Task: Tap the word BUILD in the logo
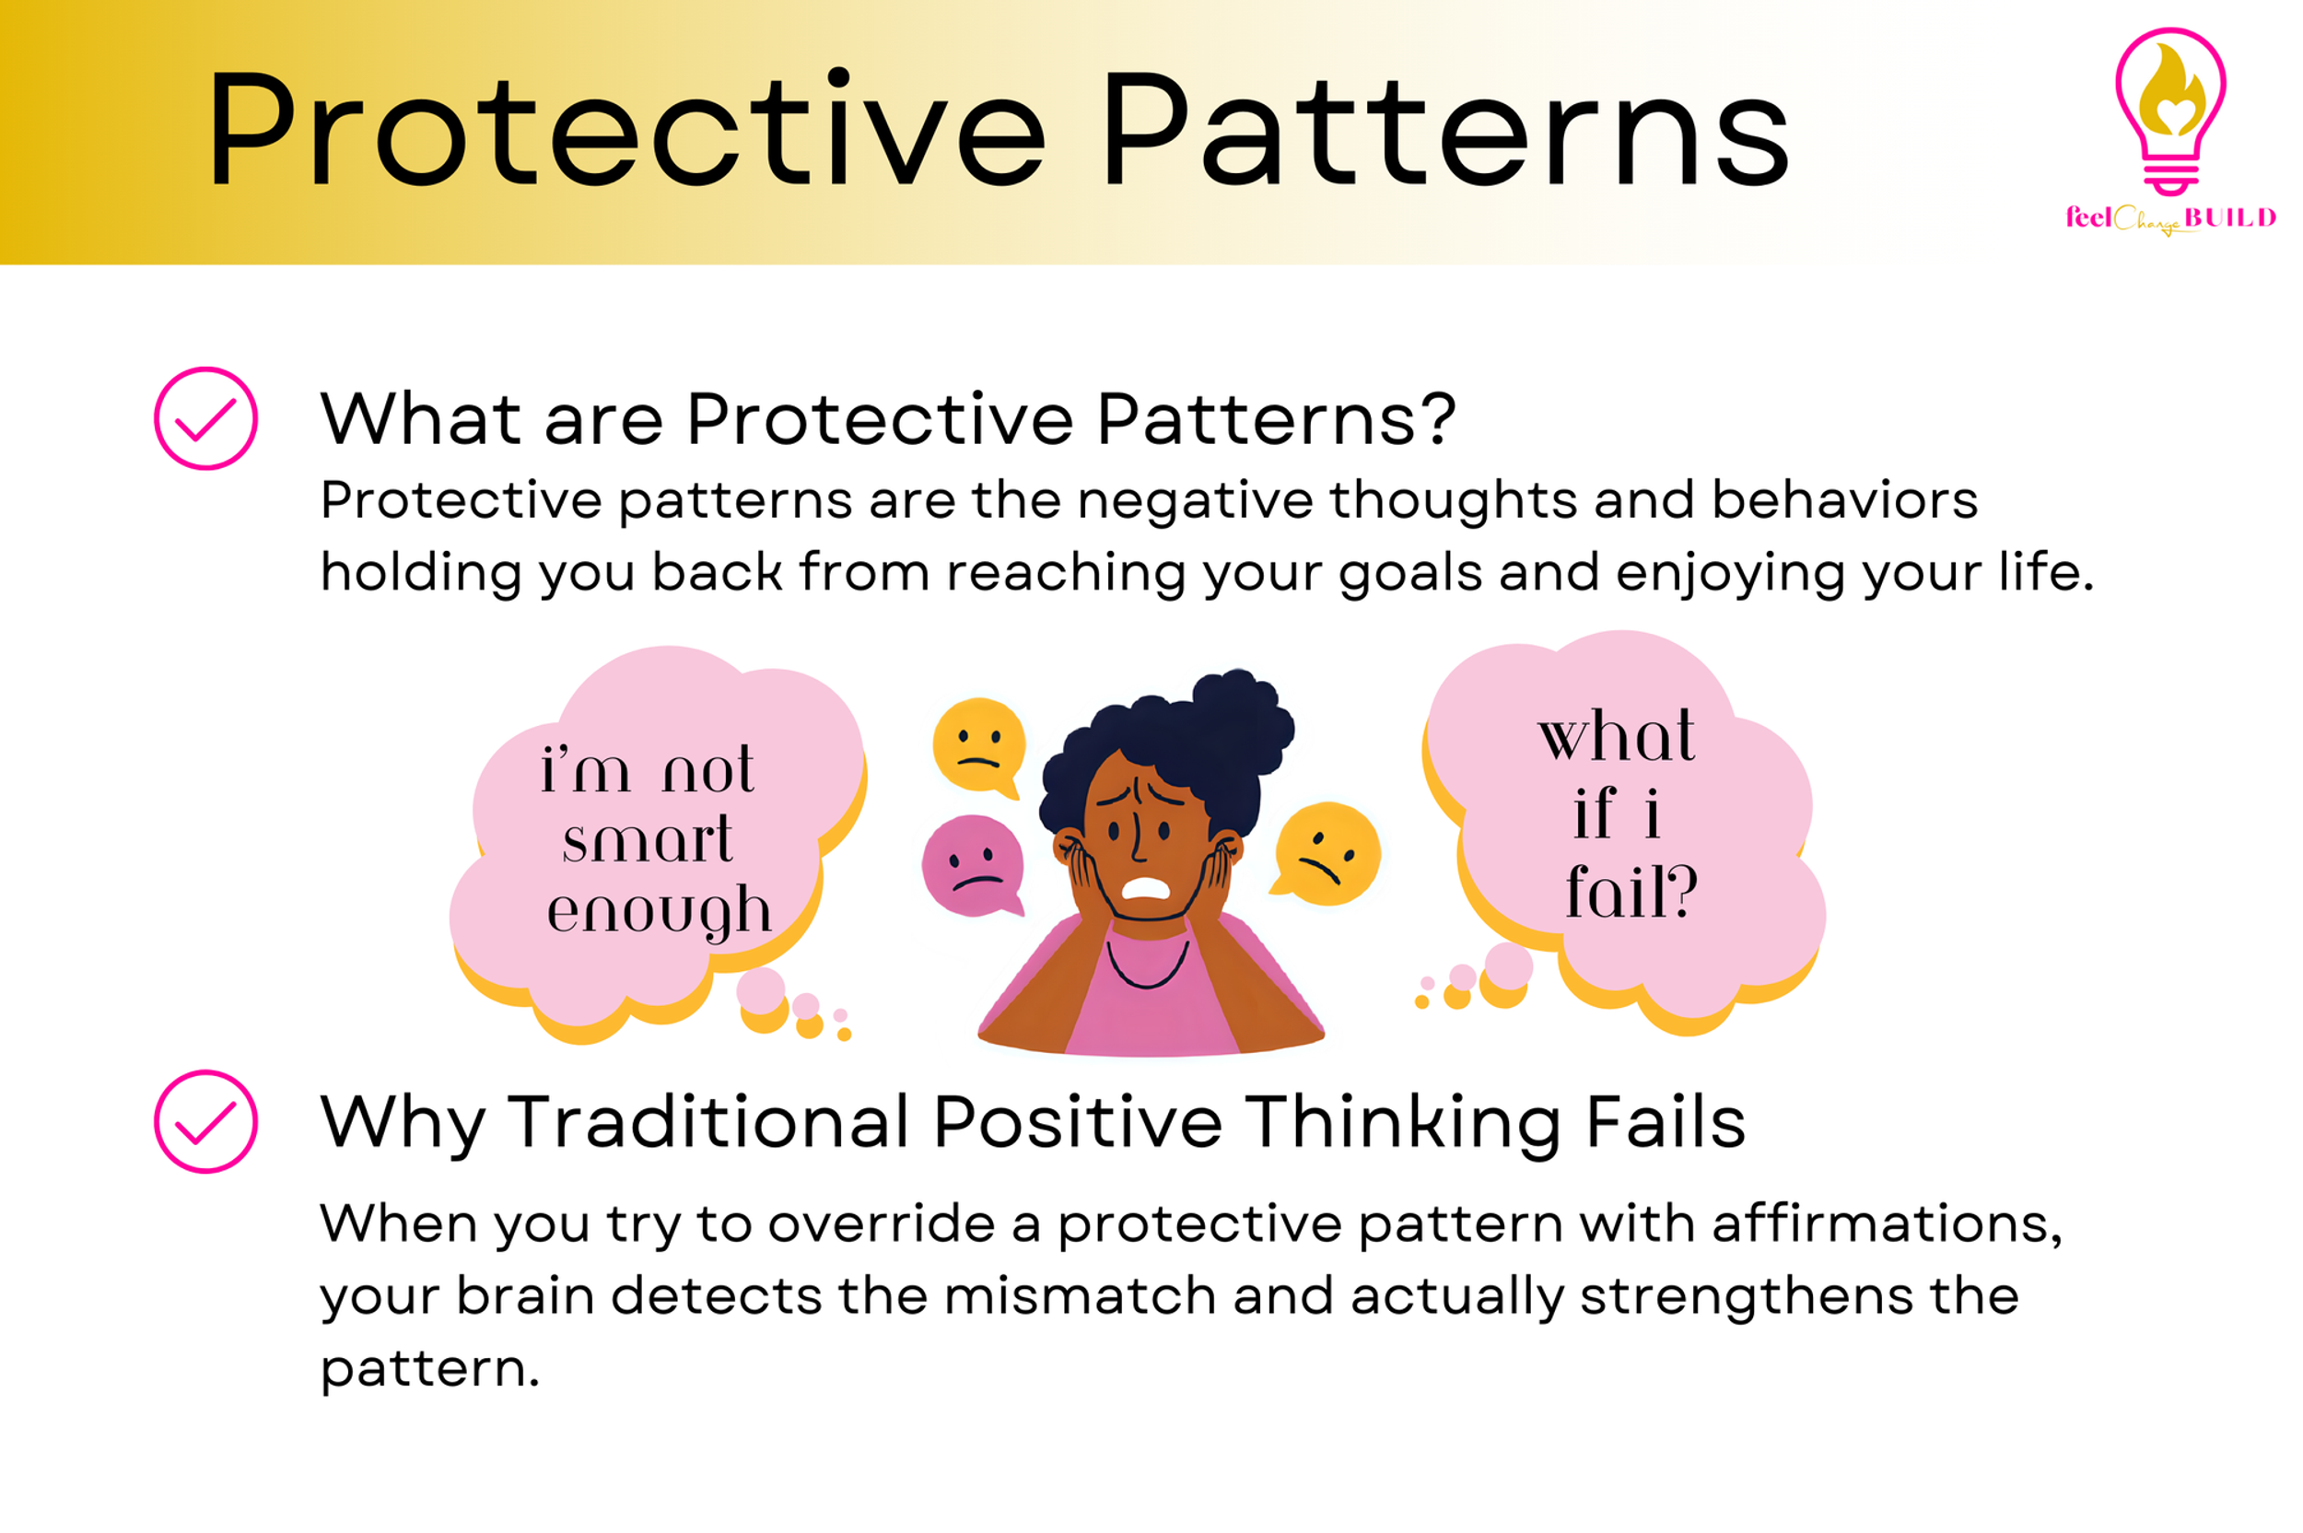click(x=2228, y=217)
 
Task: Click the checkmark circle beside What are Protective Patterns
click(x=205, y=418)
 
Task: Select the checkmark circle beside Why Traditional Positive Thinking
click(x=205, y=1121)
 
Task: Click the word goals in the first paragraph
click(x=1409, y=572)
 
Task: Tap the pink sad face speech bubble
click(x=972, y=864)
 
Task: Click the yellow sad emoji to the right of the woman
click(x=1327, y=851)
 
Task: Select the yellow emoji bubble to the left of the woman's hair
click(x=978, y=744)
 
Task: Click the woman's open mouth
click(x=1145, y=888)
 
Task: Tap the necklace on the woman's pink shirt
click(x=1147, y=968)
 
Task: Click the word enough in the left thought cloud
click(x=659, y=912)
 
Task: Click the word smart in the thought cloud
click(x=647, y=839)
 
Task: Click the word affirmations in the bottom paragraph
click(x=1887, y=1223)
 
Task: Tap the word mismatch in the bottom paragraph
click(x=1079, y=1295)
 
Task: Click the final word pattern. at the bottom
click(x=429, y=1369)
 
